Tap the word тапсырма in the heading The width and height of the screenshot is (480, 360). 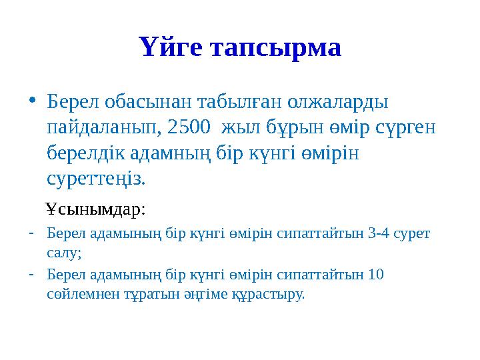click(x=277, y=48)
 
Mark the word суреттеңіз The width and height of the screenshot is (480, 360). click(x=97, y=179)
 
